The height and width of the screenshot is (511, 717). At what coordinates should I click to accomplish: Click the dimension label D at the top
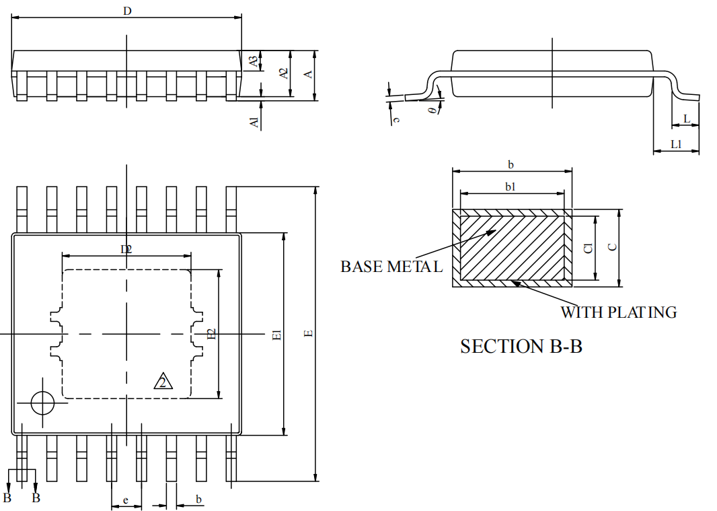point(127,10)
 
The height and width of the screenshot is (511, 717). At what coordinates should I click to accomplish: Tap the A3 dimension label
point(254,61)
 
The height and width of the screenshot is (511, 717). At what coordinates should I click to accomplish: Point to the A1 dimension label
point(254,123)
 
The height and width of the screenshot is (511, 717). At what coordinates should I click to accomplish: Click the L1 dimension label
point(677,144)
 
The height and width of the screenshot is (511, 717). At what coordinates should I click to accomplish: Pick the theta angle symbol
point(431,110)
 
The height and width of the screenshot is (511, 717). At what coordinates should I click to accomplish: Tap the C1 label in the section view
point(588,248)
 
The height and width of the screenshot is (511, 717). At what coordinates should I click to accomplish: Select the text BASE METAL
point(391,267)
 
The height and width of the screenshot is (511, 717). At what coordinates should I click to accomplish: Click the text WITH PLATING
point(619,312)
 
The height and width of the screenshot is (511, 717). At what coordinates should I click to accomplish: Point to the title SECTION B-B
point(521,347)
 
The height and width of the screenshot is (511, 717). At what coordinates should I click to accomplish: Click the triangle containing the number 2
point(163,382)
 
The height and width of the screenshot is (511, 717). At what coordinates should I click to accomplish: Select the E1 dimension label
point(276,335)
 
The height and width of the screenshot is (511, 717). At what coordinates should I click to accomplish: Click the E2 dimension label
point(211,335)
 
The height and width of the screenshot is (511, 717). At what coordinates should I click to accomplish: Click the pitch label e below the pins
point(126,500)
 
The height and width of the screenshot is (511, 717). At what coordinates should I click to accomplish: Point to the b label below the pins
point(198,499)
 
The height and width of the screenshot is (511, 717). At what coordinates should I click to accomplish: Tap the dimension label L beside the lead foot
point(686,119)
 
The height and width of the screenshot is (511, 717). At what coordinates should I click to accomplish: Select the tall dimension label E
point(308,334)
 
